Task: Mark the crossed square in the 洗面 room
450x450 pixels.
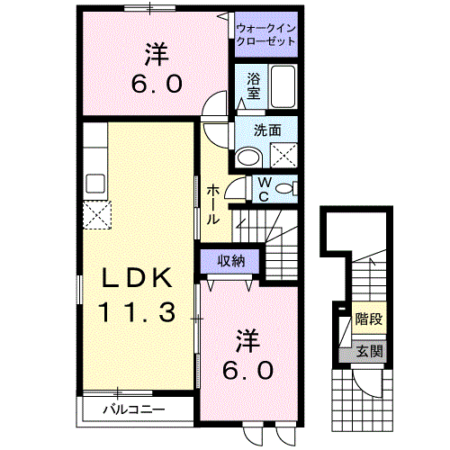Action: [283, 154]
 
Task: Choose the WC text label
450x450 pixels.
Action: [265, 189]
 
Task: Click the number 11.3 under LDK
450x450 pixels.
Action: [134, 312]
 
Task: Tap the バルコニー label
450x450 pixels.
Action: [132, 410]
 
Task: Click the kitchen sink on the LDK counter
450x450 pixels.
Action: [95, 182]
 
